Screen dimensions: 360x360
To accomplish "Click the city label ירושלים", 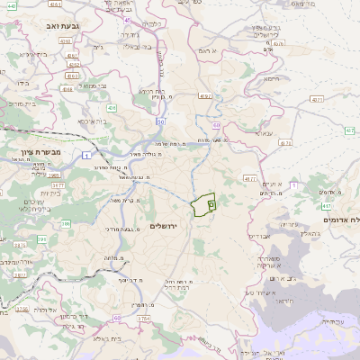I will (167, 226).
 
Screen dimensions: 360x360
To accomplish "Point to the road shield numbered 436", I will (112, 109).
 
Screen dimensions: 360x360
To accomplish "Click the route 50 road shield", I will (159, 121).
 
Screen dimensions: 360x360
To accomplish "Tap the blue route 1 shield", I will (85, 158).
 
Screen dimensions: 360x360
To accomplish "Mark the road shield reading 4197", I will (206, 94).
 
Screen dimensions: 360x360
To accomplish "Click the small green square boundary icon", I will (211, 205).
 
